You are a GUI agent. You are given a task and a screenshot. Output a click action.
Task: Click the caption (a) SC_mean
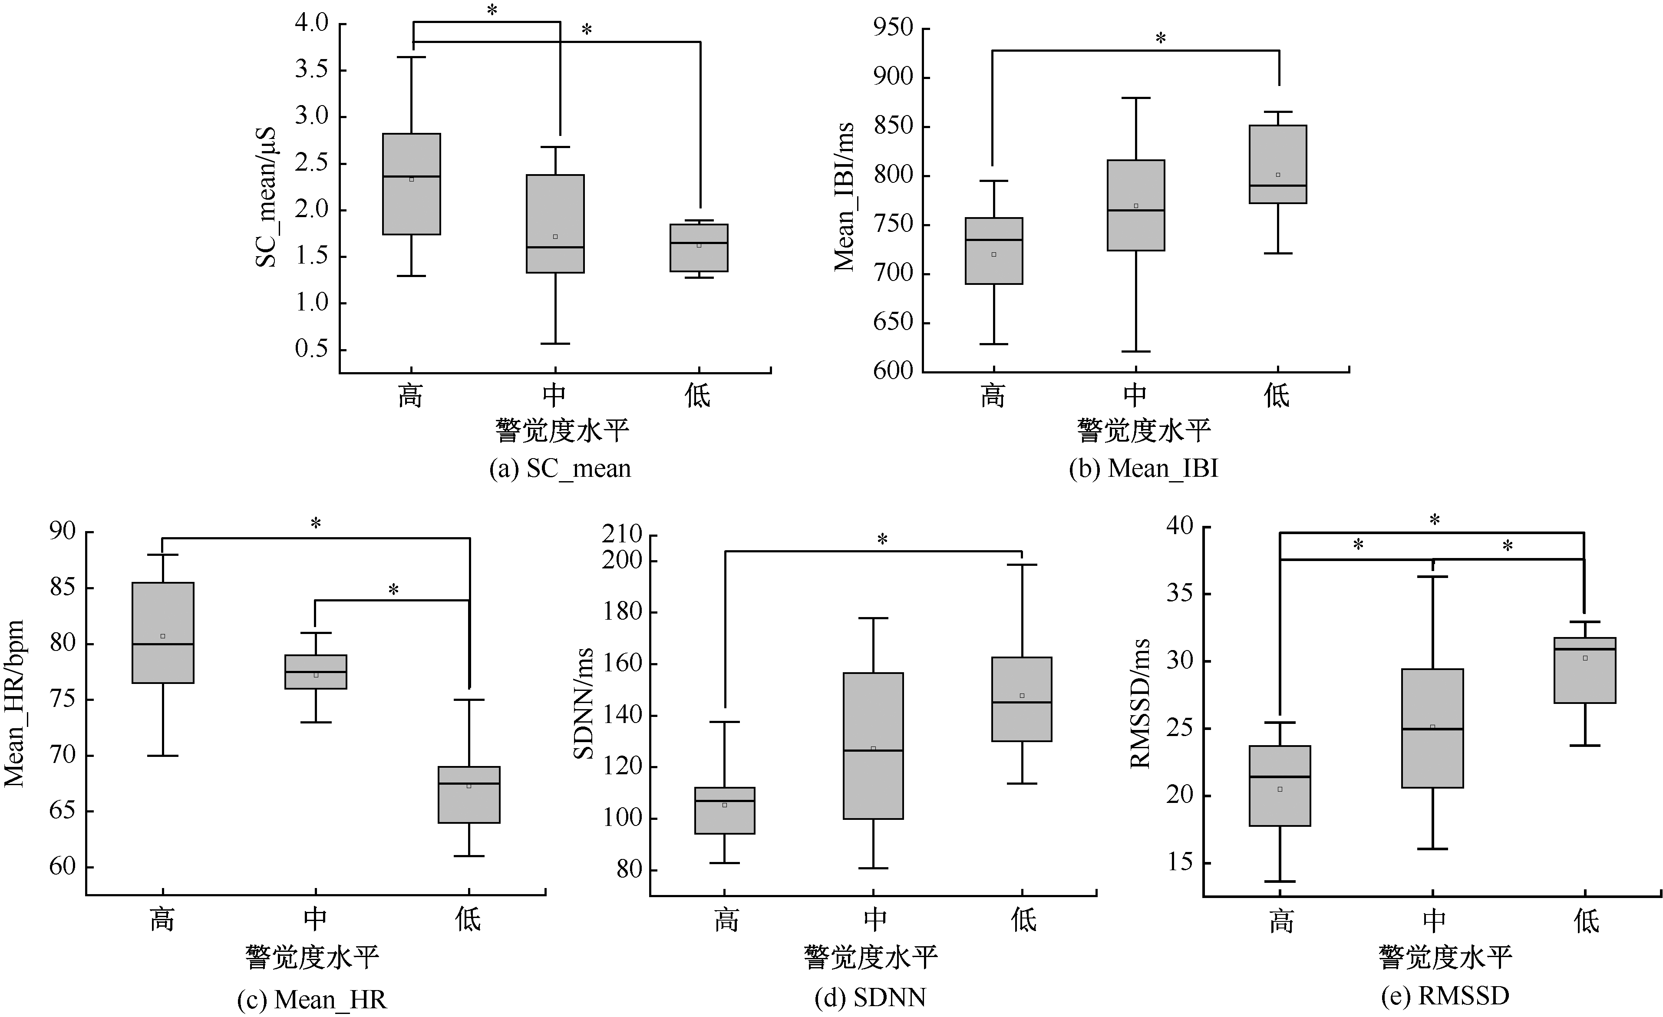click(560, 469)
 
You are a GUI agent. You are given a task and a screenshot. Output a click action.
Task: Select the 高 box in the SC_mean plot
click(412, 184)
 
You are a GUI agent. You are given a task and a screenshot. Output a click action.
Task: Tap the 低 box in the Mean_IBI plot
click(1277, 164)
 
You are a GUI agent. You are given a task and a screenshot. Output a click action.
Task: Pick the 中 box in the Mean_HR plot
click(316, 671)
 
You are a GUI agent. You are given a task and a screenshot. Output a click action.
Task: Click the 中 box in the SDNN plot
click(873, 746)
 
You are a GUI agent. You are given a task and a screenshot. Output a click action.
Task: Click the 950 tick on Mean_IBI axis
click(893, 28)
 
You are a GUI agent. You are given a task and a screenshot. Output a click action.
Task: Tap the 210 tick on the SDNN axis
click(622, 535)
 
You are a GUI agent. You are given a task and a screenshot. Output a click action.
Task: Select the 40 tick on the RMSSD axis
click(1180, 526)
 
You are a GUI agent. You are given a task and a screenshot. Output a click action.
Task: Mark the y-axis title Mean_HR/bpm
click(15, 703)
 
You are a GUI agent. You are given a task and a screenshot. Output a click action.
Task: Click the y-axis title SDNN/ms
click(583, 703)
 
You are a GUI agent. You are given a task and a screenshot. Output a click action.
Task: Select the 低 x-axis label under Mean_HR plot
click(469, 919)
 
